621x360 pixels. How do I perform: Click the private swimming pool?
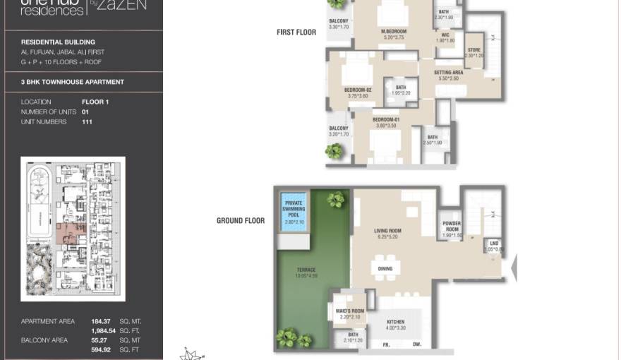(x=294, y=209)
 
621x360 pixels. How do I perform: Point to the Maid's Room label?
(x=345, y=310)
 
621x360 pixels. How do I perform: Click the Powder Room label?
(x=452, y=226)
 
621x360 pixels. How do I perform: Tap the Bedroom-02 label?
(x=358, y=90)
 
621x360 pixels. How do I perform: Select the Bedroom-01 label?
(x=386, y=121)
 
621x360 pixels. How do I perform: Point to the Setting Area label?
(x=448, y=73)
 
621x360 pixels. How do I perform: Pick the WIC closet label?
(x=445, y=37)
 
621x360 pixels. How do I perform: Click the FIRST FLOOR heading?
(x=296, y=32)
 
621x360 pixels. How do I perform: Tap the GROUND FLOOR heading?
(x=241, y=221)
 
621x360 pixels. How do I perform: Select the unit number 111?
(x=87, y=122)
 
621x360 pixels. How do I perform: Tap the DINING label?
(x=385, y=269)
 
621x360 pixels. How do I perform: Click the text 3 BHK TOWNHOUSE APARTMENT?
(x=73, y=82)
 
